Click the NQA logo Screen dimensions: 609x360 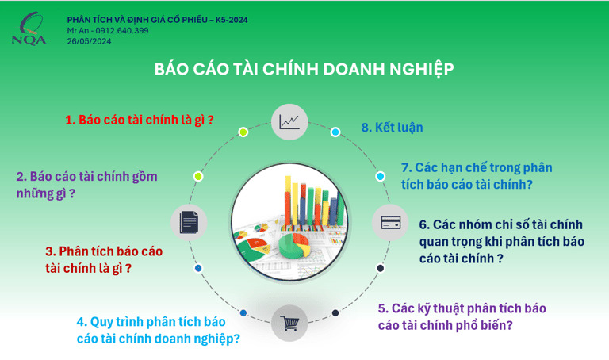[x=29, y=29]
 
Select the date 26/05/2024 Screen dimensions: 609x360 [x=89, y=41]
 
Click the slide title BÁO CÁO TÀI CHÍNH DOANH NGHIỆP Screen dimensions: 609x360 [x=304, y=69]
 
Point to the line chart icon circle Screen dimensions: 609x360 [x=289, y=122]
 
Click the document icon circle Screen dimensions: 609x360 [x=190, y=222]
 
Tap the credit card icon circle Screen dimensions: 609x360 [x=390, y=223]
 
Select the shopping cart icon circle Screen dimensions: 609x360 [x=289, y=323]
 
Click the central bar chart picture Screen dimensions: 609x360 [x=289, y=222]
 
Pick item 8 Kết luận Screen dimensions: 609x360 [x=392, y=128]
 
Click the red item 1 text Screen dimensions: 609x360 [x=140, y=120]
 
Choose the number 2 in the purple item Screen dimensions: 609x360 [x=21, y=177]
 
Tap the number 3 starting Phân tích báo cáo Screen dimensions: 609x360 [x=50, y=251]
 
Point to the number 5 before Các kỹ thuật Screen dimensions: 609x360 [x=382, y=308]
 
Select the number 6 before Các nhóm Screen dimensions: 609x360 [x=423, y=224]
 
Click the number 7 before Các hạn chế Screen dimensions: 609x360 [x=406, y=168]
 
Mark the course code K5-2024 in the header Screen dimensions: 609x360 [x=232, y=20]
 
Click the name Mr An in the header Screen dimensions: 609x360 [x=78, y=31]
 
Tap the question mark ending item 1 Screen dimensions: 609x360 [x=210, y=120]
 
